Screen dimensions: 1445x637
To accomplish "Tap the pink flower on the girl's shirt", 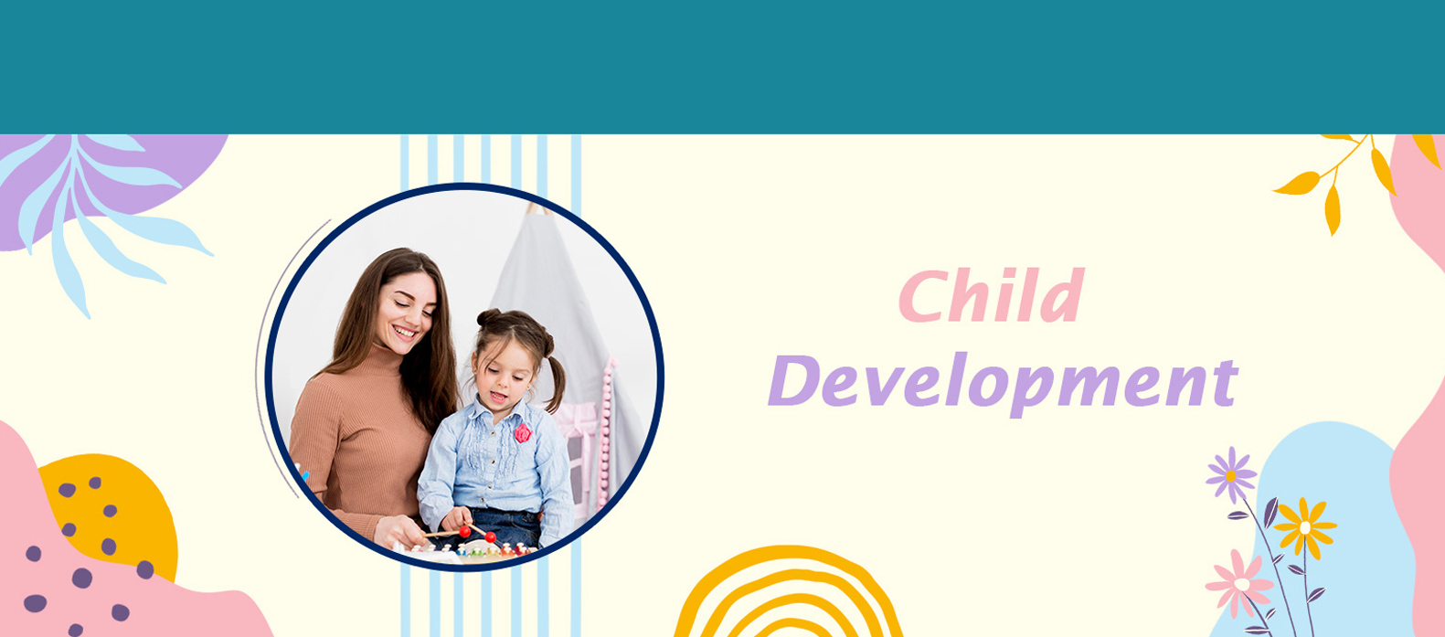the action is [x=523, y=432].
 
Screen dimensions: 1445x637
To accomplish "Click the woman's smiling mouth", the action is [x=406, y=333].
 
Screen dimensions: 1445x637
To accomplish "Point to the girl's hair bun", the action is [x=488, y=317].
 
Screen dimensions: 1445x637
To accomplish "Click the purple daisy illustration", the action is [x=1231, y=475].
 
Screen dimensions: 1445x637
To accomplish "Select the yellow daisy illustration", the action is [x=1305, y=527].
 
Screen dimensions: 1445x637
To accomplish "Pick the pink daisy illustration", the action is [x=1240, y=583].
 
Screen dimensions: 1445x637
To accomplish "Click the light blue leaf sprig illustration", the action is [x=97, y=213].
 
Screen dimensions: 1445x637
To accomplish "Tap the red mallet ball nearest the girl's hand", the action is [x=464, y=531].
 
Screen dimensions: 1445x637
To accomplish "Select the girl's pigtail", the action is [x=554, y=385].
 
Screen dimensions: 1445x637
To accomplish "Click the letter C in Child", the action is [x=922, y=295].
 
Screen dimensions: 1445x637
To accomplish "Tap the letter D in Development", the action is [x=792, y=380].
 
